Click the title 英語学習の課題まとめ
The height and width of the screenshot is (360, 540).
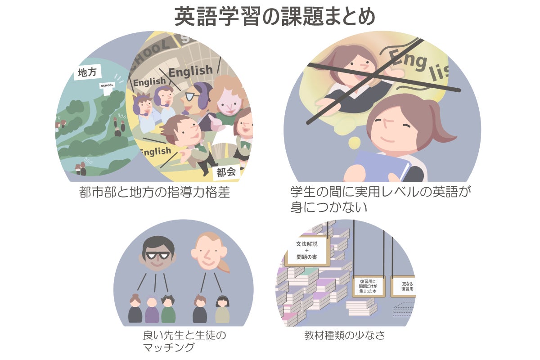coord(274,17)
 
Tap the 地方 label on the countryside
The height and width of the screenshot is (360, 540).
coord(87,72)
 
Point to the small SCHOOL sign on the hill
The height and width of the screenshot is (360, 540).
coord(108,86)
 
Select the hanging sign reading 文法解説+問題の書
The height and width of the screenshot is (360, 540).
coord(307,251)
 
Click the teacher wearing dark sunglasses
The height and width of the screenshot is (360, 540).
coord(157,255)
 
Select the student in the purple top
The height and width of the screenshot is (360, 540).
coord(152,310)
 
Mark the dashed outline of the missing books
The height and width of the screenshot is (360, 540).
coord(403,310)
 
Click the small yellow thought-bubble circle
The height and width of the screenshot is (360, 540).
coord(355,143)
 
